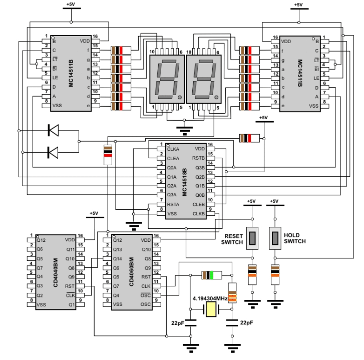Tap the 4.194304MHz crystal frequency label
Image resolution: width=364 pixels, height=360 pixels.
click(210, 298)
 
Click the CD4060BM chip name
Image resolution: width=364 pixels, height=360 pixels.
click(132, 270)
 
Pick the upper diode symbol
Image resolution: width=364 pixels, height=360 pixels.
click(53, 130)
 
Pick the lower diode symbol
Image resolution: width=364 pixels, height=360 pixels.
click(53, 151)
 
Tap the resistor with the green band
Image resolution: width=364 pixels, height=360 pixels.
click(209, 275)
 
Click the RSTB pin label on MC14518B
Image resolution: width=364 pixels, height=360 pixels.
click(198, 158)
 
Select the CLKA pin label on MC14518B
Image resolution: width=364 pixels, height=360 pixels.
click(173, 149)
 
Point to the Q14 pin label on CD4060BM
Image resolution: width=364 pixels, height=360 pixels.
click(118, 258)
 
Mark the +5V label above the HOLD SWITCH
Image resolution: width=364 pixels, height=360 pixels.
click(273, 201)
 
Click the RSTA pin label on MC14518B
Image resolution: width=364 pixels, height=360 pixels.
click(173, 204)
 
